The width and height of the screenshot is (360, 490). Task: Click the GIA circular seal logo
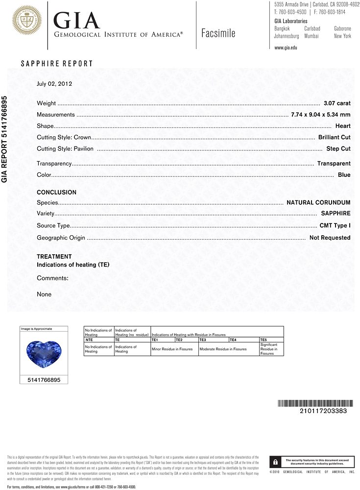click(27, 20)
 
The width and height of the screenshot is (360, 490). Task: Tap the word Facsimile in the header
click(218, 33)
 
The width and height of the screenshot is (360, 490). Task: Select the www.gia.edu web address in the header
click(286, 48)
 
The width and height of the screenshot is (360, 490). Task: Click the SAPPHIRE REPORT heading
click(57, 64)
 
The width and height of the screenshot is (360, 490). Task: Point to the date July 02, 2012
click(54, 83)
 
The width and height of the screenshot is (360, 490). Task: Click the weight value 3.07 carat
click(337, 103)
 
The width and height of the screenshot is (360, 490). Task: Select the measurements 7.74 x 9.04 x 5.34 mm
click(320, 115)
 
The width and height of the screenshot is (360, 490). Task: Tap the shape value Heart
click(343, 126)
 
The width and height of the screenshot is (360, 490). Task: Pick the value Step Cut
click(338, 148)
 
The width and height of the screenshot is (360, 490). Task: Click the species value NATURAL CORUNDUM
click(318, 202)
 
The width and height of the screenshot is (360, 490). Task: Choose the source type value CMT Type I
click(335, 226)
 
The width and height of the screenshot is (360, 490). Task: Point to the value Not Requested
click(330, 238)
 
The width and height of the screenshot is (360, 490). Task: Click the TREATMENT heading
click(54, 256)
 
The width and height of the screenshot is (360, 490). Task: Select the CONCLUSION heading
click(56, 193)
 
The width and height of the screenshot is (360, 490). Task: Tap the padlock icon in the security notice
click(276, 462)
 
